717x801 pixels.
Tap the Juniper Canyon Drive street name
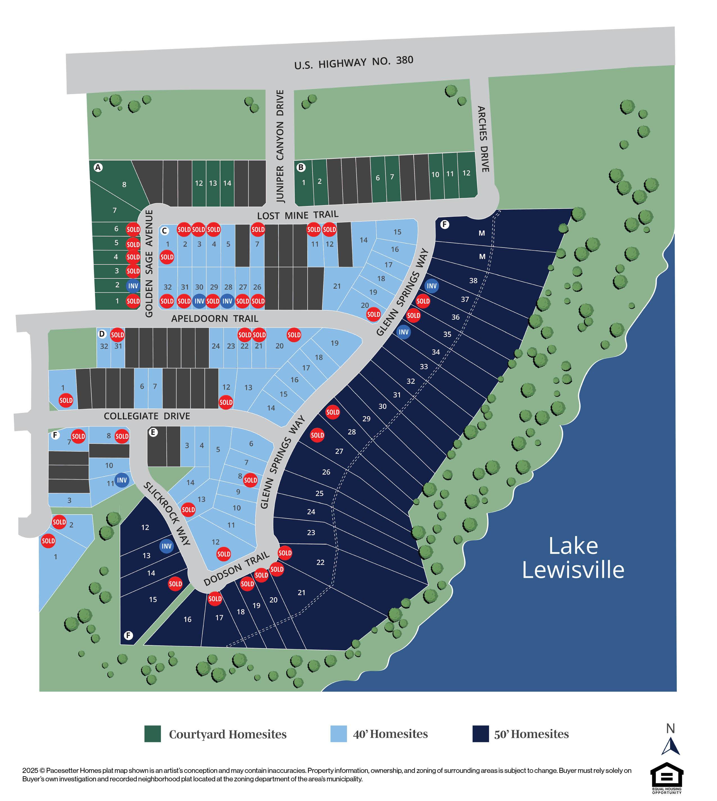(280, 146)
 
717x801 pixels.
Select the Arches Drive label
(483, 139)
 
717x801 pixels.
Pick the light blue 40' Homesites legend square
(339, 734)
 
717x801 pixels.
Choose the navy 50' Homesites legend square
(481, 734)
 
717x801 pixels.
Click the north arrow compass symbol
(671, 745)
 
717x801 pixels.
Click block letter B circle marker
(301, 168)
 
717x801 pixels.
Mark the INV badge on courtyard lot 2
(133, 286)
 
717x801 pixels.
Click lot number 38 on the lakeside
(473, 280)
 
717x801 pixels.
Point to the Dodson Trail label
(236, 569)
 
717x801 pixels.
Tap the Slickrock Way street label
(167, 513)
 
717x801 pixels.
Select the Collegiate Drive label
(147, 416)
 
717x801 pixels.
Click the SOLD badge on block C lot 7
(258, 230)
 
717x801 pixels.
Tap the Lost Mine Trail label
(297, 215)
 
